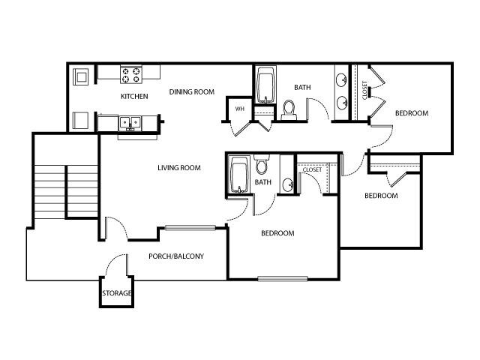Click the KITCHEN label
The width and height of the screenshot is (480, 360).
134,96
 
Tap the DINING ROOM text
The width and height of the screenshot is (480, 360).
191,92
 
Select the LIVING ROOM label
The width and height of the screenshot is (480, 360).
178,168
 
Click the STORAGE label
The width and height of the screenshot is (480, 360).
116,293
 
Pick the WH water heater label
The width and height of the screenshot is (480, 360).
239,109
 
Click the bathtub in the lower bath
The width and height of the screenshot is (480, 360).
239,176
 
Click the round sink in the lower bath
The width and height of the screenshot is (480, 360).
287,183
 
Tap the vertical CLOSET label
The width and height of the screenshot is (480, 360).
365,90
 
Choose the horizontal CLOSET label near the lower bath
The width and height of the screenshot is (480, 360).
312,170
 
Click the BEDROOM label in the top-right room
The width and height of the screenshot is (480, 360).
411,113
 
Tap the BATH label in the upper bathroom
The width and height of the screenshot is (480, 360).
302,88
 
